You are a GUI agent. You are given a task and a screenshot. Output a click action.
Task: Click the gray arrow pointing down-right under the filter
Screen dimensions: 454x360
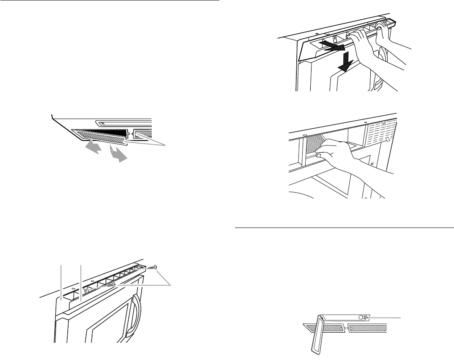[x=118, y=154]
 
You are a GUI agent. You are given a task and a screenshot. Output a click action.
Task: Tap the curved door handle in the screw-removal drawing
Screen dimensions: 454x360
[x=137, y=313]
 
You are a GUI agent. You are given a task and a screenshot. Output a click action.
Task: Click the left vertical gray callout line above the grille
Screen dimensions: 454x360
[x=61, y=282]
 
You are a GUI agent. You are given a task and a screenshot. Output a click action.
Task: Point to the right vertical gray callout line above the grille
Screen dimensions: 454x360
[x=80, y=282]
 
